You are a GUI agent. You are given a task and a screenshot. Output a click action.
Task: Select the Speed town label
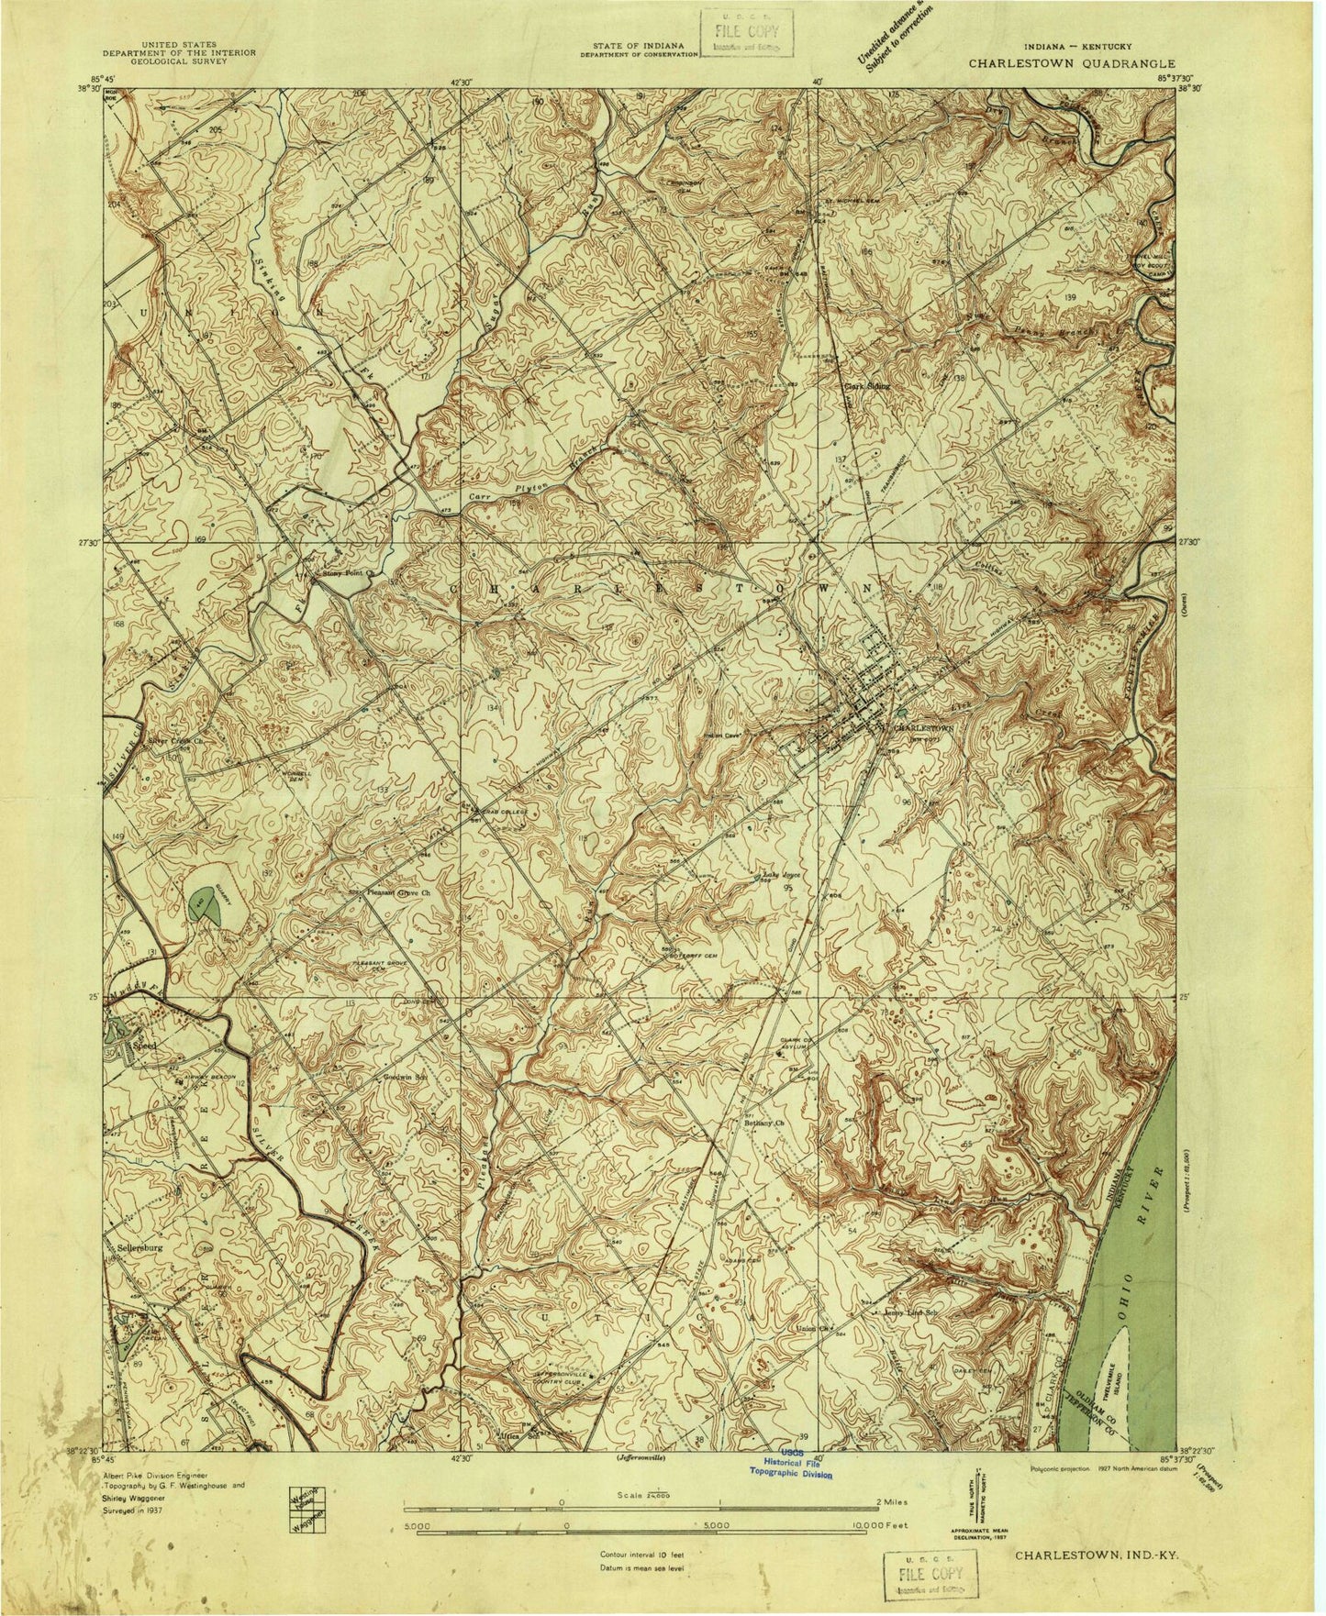147,1045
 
